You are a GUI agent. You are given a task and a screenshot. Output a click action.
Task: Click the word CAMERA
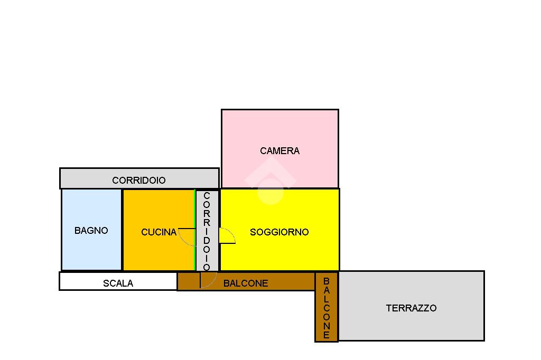(279, 151)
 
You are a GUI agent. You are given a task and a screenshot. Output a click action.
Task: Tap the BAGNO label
(91, 231)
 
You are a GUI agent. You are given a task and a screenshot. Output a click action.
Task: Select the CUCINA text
(158, 232)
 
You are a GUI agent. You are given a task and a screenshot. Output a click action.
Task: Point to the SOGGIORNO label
(279, 232)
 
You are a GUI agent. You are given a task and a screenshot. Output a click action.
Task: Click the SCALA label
(118, 283)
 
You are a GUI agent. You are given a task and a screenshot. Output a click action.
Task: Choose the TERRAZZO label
(411, 308)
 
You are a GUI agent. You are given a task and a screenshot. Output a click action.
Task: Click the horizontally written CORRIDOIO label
(138, 181)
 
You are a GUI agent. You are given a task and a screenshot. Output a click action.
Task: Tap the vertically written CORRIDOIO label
(207, 231)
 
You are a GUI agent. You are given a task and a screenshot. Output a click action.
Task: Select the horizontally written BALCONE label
(246, 283)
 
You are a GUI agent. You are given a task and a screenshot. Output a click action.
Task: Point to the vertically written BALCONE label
(327, 308)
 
